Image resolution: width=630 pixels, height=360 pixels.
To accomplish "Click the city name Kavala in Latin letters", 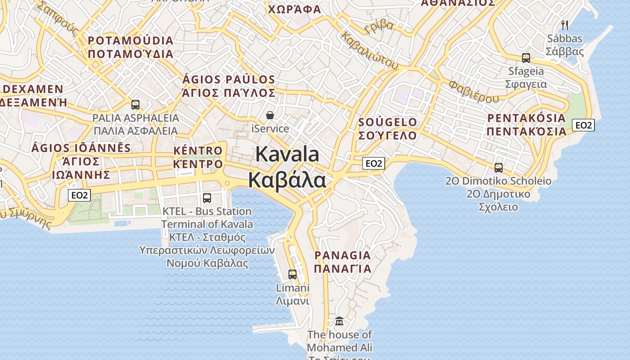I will tap(287, 154).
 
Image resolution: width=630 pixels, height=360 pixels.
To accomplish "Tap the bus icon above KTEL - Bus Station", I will tap(207, 198).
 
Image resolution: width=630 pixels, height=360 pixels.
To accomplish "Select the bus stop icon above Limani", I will tap(292, 274).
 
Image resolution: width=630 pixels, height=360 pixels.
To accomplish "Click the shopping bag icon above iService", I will tap(270, 115).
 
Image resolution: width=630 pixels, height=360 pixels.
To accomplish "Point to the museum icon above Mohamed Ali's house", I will tap(339, 321).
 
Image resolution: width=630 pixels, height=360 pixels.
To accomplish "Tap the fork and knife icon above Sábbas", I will tap(565, 25).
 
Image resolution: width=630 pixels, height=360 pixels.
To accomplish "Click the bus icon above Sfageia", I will tap(526, 58).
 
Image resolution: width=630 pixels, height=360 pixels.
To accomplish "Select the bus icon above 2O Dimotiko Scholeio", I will tap(499, 168).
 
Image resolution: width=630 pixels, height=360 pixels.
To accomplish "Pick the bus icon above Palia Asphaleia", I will tap(135, 105).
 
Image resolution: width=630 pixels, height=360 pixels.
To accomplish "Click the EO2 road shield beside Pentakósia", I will tap(583, 125).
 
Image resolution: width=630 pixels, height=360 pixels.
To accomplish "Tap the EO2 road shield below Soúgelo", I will tap(373, 163).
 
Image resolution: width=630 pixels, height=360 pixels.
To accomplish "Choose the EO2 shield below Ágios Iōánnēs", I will tap(80, 195).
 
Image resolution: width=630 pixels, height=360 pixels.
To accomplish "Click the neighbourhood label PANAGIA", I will tap(342, 256).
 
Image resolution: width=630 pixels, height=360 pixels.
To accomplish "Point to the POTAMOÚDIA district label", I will tap(130, 40).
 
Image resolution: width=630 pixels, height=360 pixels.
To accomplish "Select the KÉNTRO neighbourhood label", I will tap(198, 150).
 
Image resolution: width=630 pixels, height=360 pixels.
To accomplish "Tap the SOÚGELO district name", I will tap(387, 122).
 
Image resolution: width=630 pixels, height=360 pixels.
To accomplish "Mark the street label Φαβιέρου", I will tap(474, 91).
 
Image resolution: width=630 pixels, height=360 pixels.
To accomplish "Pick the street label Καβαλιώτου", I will tap(370, 50).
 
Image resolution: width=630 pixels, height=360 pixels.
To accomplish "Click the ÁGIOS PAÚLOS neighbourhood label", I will tap(229, 80).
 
